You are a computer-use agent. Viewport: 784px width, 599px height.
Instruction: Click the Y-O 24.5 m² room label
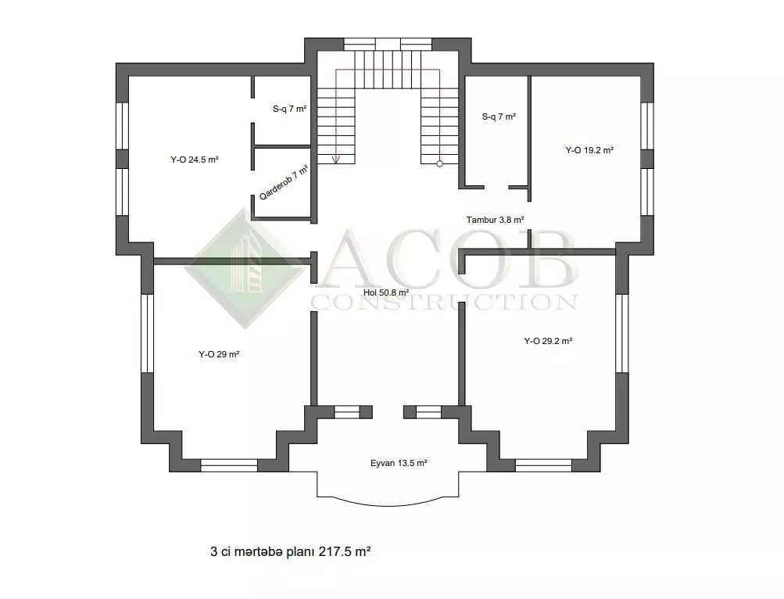(195, 160)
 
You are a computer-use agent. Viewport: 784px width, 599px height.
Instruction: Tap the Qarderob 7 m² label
(283, 182)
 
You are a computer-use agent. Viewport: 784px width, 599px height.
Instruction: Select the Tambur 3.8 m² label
(495, 220)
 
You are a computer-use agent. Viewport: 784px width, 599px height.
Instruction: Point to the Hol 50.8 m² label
(386, 292)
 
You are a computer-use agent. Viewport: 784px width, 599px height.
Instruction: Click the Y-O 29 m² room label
(219, 354)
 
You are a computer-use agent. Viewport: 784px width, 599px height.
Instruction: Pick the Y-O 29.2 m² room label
(548, 341)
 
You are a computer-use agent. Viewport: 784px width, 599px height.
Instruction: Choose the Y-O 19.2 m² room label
(589, 150)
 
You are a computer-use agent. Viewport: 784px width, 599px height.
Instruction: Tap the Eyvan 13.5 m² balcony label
(399, 464)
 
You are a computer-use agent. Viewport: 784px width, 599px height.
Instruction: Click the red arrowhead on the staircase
(336, 160)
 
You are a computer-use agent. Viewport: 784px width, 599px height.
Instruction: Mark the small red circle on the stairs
(439, 163)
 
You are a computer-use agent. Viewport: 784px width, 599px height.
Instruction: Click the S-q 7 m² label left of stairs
(289, 109)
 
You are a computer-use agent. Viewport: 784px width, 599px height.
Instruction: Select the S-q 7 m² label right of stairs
(499, 117)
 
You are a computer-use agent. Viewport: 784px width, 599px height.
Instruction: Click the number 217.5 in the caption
(335, 552)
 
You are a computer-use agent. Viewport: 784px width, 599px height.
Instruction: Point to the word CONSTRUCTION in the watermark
(444, 302)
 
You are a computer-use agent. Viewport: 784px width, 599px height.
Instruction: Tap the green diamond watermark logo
(245, 269)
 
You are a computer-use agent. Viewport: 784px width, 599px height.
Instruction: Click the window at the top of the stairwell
(388, 44)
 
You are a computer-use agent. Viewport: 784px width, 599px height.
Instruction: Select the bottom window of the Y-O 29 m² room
(229, 465)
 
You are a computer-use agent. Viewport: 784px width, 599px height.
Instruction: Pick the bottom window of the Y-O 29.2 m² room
(543, 465)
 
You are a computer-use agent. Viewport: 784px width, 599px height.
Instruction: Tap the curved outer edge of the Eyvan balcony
(388, 505)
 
